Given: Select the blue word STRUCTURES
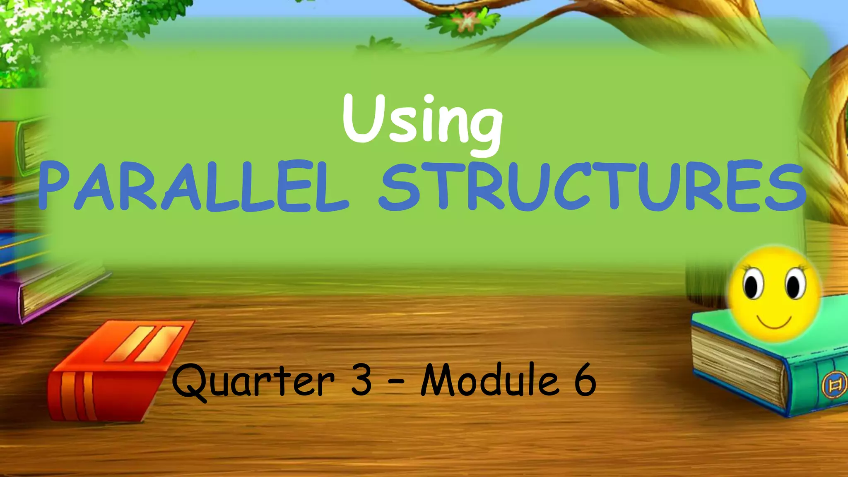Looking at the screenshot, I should click(x=592, y=186).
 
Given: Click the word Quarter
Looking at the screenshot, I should click(x=253, y=381).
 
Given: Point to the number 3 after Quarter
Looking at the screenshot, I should click(x=361, y=380).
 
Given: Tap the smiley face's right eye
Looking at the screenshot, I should click(x=794, y=284).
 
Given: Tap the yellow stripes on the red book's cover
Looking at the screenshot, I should click(x=145, y=344).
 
